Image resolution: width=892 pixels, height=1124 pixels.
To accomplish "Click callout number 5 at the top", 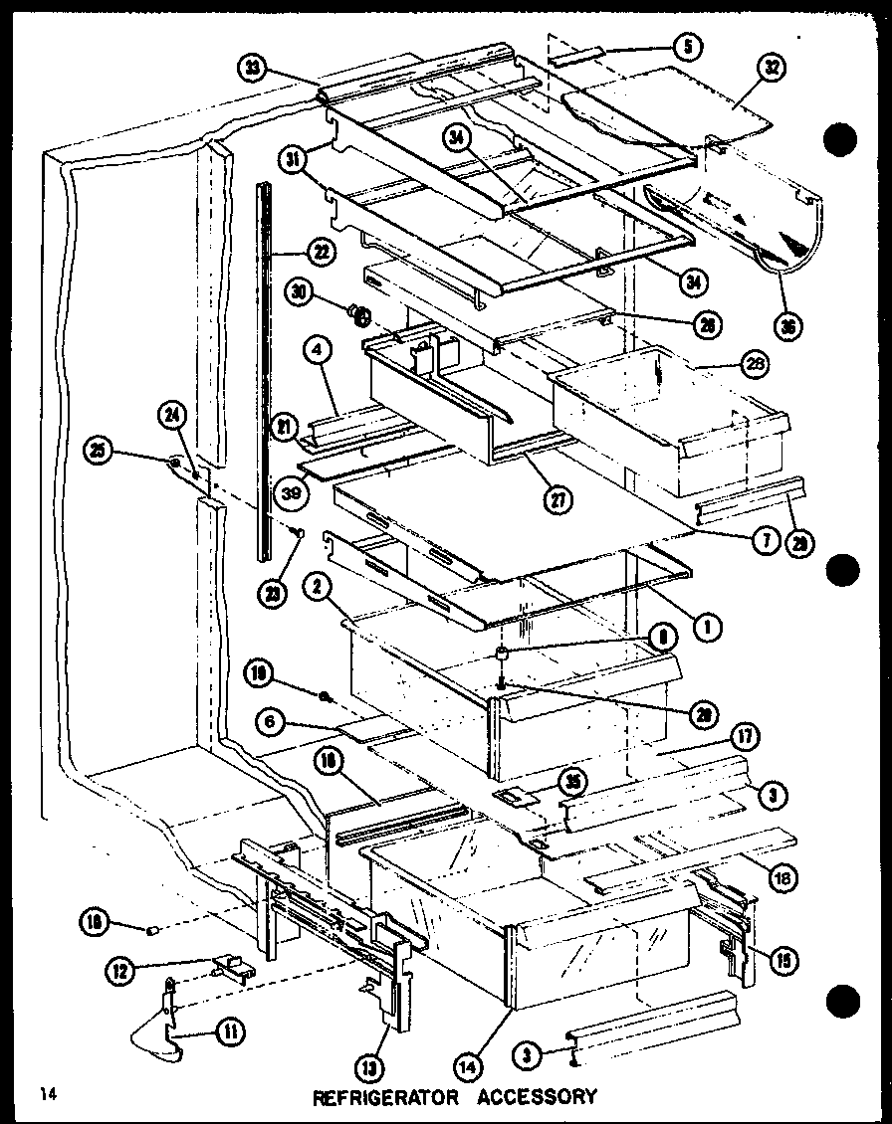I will (x=686, y=45).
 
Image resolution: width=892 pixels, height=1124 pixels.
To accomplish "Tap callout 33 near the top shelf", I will (x=253, y=69).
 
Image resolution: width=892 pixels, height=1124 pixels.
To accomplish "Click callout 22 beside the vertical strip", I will (x=321, y=252).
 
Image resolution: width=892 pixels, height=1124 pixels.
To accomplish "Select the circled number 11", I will (x=229, y=1033).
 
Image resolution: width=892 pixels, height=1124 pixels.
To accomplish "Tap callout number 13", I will (x=397, y=1068).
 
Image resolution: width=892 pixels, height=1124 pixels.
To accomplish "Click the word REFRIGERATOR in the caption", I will (x=385, y=1098).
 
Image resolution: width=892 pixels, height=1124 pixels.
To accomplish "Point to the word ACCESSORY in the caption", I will (x=538, y=1098).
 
